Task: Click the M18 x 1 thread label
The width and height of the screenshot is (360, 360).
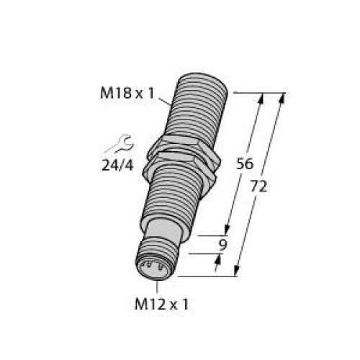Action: (x=128, y=91)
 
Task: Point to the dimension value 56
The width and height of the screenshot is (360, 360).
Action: (x=246, y=163)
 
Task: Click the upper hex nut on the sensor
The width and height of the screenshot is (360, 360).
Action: (x=179, y=148)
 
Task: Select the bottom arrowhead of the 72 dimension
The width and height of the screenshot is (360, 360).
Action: (x=238, y=271)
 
